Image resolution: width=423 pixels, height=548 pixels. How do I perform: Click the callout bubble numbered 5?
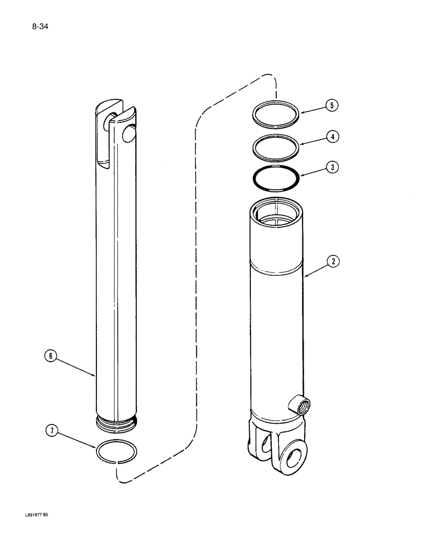[x=331, y=106]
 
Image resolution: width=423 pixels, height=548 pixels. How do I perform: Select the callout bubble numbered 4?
[x=331, y=136]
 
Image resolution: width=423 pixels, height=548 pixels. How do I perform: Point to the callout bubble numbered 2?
[x=331, y=262]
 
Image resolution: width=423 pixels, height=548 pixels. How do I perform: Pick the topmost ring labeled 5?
[x=277, y=116]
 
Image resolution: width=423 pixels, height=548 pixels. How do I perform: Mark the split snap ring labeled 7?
[x=117, y=453]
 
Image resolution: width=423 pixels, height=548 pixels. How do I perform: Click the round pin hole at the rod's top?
[x=130, y=133]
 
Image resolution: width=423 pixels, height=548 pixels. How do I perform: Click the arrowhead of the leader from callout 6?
[x=96, y=376]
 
